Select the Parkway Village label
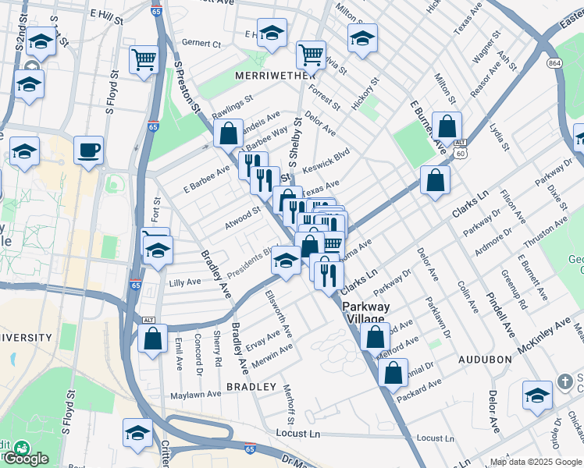coord(365,313)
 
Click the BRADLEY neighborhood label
coord(251,387)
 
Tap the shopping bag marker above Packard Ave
coord(393,371)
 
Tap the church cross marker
coord(565,383)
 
